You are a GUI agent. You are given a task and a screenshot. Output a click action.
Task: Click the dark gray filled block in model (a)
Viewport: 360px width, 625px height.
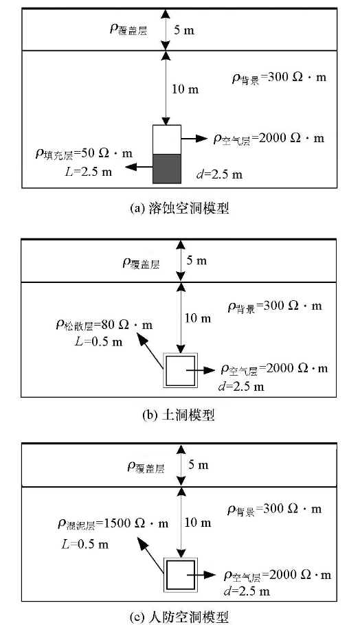click(x=167, y=168)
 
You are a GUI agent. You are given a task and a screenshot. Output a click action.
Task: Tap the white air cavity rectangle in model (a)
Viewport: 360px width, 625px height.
click(x=167, y=139)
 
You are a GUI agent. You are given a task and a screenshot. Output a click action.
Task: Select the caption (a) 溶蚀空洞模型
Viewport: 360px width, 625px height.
click(x=180, y=209)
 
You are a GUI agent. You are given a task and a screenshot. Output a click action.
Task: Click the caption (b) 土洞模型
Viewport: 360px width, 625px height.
click(x=179, y=416)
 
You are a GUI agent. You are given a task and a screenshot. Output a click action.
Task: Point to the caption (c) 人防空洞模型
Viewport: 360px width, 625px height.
click(x=180, y=617)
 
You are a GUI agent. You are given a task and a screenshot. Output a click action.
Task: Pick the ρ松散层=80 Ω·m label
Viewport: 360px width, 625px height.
click(x=104, y=326)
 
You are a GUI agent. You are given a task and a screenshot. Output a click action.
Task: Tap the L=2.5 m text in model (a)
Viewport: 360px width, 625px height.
click(x=89, y=172)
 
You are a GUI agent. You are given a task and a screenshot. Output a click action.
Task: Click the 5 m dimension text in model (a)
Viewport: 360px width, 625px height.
click(x=184, y=31)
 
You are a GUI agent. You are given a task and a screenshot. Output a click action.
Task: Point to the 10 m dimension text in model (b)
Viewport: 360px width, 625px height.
click(x=199, y=319)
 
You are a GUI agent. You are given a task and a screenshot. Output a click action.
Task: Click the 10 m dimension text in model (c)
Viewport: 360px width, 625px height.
click(x=198, y=523)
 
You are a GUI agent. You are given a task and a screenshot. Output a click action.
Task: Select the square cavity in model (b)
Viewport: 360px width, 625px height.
click(x=181, y=371)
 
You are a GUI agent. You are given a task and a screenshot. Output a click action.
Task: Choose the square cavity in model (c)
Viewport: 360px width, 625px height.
click(x=181, y=575)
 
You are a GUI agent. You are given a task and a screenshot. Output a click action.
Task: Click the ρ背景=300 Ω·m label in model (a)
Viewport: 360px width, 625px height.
click(x=279, y=78)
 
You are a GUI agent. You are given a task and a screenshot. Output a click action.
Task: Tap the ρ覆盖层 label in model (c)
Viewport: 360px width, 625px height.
click(x=146, y=467)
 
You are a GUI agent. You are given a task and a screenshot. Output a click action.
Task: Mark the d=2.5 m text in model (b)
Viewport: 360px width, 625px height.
click(x=241, y=387)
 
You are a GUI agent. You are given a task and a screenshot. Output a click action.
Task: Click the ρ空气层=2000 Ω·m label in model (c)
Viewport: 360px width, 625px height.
click(x=278, y=576)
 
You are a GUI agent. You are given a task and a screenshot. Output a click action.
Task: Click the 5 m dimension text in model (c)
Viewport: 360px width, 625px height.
click(x=198, y=465)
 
